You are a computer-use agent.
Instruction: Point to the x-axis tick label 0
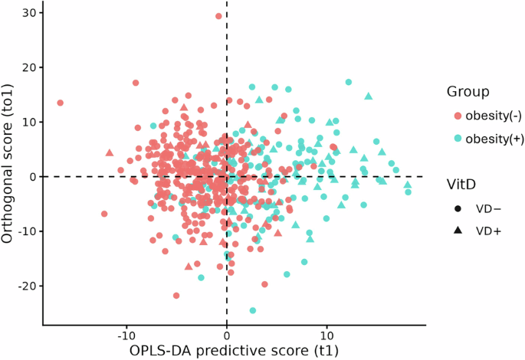(x=227, y=335)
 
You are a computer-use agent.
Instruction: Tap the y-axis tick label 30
(x=28, y=13)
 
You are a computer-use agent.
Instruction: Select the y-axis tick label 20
(x=28, y=67)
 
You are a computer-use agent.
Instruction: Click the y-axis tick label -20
(x=26, y=286)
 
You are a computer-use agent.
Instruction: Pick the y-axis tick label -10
(x=26, y=231)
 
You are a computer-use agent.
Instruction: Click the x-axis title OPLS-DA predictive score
(x=227, y=350)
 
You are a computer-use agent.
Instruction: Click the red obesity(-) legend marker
(x=458, y=116)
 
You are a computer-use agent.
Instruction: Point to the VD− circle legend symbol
(x=458, y=208)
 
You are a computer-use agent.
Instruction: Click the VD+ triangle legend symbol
(x=458, y=228)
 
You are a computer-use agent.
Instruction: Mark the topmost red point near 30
(x=218, y=16)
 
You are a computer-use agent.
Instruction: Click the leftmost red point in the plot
(x=60, y=103)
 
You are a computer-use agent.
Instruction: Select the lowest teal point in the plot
(x=253, y=310)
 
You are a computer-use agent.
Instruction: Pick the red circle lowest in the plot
(x=177, y=295)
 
